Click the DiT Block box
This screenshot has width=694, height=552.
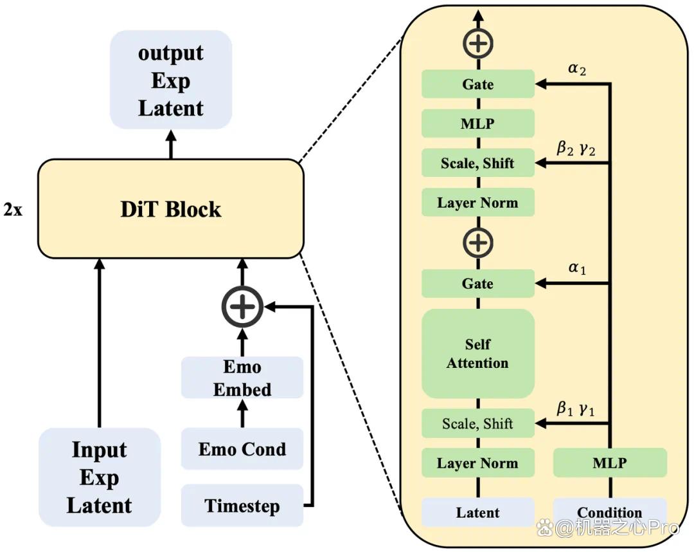point(171,208)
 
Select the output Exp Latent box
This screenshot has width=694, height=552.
point(171,80)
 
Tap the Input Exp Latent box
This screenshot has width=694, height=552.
point(99,477)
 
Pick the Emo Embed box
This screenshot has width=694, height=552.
point(242,378)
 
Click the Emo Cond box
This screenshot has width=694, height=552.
point(242,449)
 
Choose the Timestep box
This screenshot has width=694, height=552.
point(242,505)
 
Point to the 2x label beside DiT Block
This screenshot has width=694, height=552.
point(13,209)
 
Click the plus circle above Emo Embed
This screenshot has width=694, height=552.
point(242,307)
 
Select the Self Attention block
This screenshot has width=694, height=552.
point(478,354)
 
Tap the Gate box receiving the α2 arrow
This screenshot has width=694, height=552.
point(478,84)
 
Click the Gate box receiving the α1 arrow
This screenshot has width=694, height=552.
point(478,283)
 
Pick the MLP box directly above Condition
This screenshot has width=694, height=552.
point(610,463)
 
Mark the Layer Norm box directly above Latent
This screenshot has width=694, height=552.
point(478,463)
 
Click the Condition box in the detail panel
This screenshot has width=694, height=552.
point(610,512)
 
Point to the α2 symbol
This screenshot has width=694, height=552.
point(577,69)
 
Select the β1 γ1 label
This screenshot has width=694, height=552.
point(575,409)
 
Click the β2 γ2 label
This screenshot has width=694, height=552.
point(576,148)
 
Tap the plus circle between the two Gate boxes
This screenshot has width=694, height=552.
point(478,243)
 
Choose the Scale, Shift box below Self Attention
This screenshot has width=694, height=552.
point(478,423)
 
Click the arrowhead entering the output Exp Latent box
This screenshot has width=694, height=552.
point(171,135)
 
